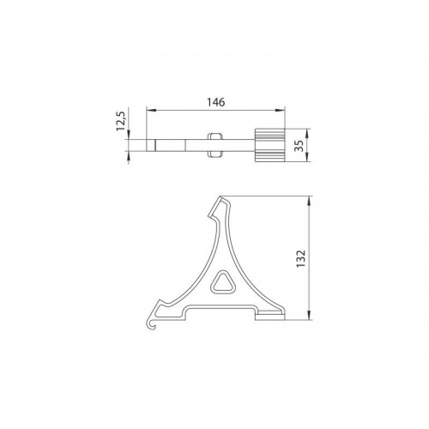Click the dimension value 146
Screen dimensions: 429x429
point(216,102)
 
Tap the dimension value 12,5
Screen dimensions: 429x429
point(120,121)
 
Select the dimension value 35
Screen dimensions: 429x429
point(299,146)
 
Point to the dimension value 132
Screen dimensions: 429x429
point(301,259)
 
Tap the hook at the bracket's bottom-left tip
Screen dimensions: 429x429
point(151,324)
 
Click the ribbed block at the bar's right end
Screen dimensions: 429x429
point(269,146)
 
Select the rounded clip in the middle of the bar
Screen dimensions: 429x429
point(215,145)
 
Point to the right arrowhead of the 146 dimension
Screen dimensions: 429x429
point(280,111)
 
